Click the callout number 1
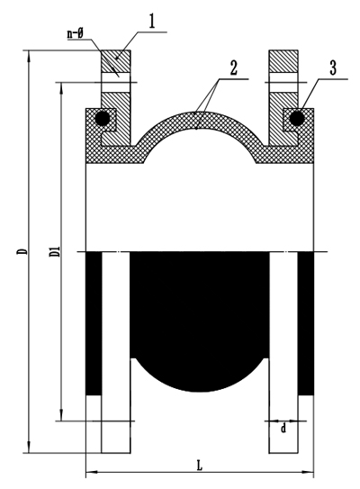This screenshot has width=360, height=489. pos(152,22)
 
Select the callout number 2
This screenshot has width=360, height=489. pos(233,68)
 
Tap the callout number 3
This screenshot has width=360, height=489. pos(333,68)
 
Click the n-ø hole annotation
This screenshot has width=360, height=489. pos(75,33)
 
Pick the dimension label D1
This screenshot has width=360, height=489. pos(55,251)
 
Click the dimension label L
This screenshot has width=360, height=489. pos(200,466)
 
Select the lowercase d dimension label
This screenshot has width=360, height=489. pos(283,428)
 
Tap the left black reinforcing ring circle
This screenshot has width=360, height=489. pos(103,118)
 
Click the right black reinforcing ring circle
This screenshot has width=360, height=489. pos(297,118)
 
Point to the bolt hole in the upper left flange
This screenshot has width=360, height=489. pos(115,82)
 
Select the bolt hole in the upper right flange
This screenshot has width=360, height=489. pos(283,82)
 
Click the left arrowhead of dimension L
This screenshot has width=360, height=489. pos(90,472)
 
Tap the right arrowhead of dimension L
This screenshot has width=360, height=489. pos(310,472)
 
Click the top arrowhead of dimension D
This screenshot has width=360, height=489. pos(30,55)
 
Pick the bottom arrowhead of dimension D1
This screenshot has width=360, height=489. pos(62,416)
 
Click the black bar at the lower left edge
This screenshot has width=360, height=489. pos(94,323)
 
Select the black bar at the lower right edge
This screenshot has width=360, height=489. pos(306,323)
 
